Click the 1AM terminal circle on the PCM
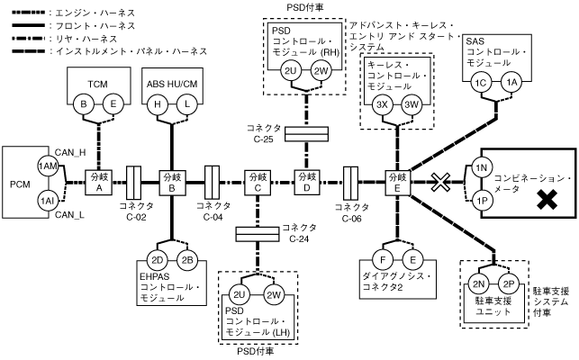pos(46,166)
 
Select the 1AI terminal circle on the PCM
pos(46,200)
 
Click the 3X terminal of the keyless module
pos(382,103)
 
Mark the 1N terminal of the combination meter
pos(481,168)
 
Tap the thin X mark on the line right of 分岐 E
pos(439,184)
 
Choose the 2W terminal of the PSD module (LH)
pos(273,295)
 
